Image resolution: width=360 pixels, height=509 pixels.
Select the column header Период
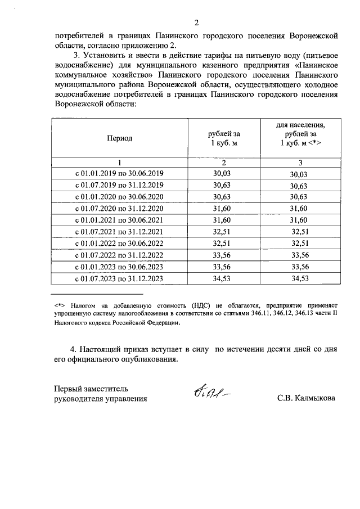pyautogui.click(x=120, y=138)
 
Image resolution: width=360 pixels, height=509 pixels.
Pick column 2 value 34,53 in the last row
pyautogui.click(x=222, y=278)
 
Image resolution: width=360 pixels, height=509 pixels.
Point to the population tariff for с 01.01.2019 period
pyautogui.click(x=300, y=175)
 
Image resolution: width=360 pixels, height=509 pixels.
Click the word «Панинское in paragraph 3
pyautogui.click(x=317, y=65)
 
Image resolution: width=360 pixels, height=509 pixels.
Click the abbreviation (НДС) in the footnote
pyautogui.click(x=200, y=305)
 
